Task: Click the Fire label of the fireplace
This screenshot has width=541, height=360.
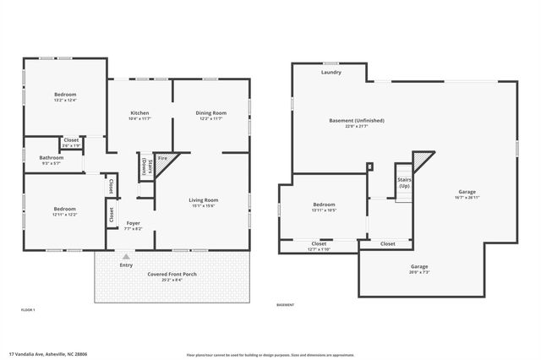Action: (x=162, y=158)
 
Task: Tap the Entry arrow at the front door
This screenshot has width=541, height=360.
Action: (x=126, y=256)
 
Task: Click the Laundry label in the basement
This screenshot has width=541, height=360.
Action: (x=331, y=73)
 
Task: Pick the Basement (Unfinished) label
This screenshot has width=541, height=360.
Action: (x=357, y=121)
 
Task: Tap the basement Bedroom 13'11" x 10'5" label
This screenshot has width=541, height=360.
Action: (x=324, y=205)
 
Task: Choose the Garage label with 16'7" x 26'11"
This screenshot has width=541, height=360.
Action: (x=467, y=192)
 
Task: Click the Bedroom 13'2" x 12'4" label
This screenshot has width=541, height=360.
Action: (x=65, y=94)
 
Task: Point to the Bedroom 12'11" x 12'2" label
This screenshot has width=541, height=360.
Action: (x=65, y=209)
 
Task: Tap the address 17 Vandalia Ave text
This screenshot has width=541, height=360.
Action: (x=47, y=354)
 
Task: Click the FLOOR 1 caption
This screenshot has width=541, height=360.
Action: (x=28, y=311)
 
